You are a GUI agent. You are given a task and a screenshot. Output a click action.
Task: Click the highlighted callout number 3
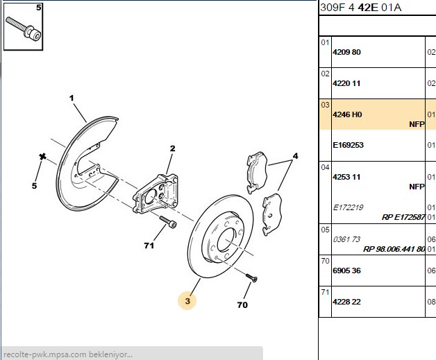coord(187,301)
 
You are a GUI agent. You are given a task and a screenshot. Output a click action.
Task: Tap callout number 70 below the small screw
coord(242,305)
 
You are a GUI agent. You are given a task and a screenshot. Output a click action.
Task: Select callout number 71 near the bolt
coord(149,246)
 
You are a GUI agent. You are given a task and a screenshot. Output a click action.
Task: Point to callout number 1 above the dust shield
coord(72,98)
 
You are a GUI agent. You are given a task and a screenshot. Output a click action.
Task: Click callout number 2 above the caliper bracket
coord(173,148)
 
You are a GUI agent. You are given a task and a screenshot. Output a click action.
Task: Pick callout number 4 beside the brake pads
coord(295,156)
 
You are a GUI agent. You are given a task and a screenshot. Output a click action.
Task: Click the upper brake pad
coord(257,172)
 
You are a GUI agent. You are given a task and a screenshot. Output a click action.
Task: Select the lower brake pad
coord(272,214)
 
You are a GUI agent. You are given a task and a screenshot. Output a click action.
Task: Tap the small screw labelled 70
coord(251,277)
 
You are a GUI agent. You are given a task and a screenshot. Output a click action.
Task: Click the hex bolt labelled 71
coord(168,222)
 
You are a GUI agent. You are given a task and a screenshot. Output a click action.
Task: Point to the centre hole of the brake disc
coord(227,240)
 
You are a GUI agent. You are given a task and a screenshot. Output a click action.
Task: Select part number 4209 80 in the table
coord(346,52)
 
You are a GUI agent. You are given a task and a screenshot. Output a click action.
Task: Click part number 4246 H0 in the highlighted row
coord(347,114)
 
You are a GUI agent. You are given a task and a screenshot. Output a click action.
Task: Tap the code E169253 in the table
coord(348,145)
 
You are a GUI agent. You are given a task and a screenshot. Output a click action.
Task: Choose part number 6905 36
coord(346,271)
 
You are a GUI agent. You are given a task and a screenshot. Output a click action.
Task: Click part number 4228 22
coord(346,302)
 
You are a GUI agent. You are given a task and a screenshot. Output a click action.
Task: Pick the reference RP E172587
coord(403,217)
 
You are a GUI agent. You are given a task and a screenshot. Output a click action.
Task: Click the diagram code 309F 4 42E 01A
coord(361,8)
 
